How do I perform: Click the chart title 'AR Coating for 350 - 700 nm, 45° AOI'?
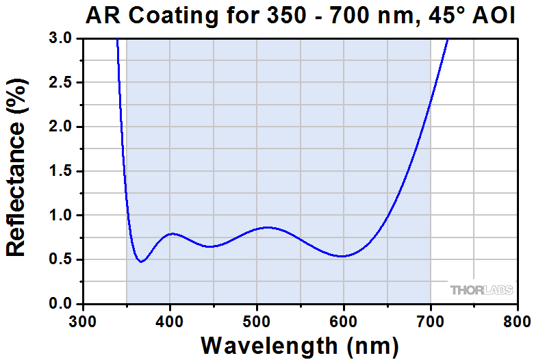coord(301,16)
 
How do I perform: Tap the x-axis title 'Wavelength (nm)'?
coord(299,343)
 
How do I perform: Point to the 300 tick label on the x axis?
coord(83,320)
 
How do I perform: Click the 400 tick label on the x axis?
coord(170,320)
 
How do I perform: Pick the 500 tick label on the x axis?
coord(257,320)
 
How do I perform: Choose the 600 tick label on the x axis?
coord(344,320)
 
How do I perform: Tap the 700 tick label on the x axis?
coord(431,320)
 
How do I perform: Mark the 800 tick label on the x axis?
coord(517,320)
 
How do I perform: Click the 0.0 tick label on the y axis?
coord(60,304)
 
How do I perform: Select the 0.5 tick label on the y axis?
coord(60,259)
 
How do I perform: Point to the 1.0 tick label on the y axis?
coord(60,216)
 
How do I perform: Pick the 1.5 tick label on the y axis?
coord(60,171)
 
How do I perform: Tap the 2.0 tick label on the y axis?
coord(60,127)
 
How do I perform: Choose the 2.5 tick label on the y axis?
coord(60,83)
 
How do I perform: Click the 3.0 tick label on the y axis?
coord(60,39)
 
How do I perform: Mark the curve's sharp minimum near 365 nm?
coord(141,261)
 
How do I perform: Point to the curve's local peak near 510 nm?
coord(267,227)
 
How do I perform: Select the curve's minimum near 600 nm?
coord(342,256)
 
